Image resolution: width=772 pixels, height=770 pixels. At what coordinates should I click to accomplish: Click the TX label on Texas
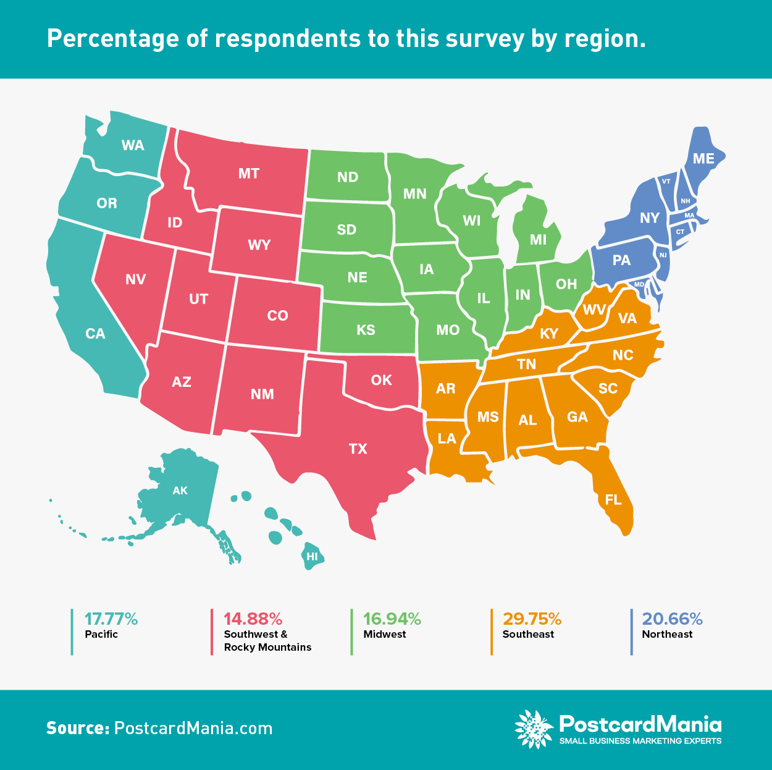pyautogui.click(x=358, y=449)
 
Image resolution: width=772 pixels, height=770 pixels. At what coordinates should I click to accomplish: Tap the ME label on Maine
pyautogui.click(x=703, y=159)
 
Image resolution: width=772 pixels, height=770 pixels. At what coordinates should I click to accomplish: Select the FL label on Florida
pyautogui.click(x=613, y=499)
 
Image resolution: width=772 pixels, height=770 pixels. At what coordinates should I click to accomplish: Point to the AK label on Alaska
pyautogui.click(x=180, y=491)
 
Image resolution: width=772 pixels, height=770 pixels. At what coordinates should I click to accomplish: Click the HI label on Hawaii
pyautogui.click(x=313, y=556)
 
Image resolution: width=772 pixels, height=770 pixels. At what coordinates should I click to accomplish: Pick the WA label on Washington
pyautogui.click(x=133, y=145)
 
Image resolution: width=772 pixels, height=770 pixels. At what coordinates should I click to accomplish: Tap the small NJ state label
pyautogui.click(x=663, y=255)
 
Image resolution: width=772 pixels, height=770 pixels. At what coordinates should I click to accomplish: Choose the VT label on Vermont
pyautogui.click(x=666, y=182)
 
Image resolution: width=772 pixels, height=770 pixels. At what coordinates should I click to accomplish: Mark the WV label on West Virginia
pyautogui.click(x=594, y=310)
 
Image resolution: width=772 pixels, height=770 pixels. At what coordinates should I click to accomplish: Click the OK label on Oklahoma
pyautogui.click(x=382, y=380)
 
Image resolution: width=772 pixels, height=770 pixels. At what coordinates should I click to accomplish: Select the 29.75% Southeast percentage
pyautogui.click(x=532, y=619)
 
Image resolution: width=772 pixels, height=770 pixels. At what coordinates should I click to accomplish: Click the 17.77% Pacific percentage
pyautogui.click(x=111, y=619)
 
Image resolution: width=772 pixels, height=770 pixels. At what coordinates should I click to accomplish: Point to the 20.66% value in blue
pyautogui.click(x=672, y=619)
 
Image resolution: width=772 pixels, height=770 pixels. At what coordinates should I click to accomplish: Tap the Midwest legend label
pyautogui.click(x=385, y=634)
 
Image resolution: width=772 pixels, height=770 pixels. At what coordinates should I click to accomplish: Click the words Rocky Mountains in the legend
pyautogui.click(x=267, y=647)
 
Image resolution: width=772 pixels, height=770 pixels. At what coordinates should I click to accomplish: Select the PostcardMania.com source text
pyautogui.click(x=193, y=728)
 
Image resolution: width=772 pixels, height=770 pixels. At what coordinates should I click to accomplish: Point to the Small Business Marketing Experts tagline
pyautogui.click(x=640, y=741)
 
